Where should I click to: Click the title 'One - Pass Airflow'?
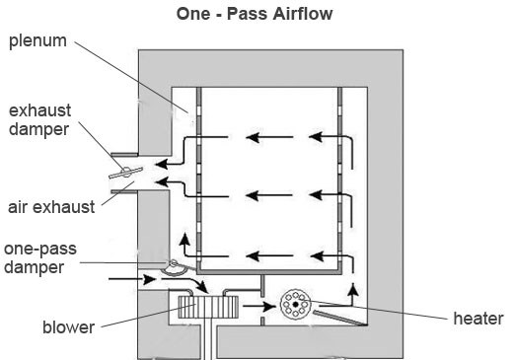[255, 14]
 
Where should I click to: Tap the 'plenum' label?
[37, 41]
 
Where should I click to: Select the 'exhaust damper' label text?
[39, 119]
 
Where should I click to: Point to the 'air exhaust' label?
[51, 207]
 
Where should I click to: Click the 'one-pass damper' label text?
[40, 258]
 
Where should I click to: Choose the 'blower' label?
[69, 327]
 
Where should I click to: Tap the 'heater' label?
[478, 319]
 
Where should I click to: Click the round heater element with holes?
[295, 304]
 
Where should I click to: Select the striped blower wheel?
[208, 307]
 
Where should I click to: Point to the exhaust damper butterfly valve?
[126, 172]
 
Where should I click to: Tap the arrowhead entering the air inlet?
[150, 280]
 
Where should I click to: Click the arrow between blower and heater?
[259, 307]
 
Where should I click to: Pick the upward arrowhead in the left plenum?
[184, 239]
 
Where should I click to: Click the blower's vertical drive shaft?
[208, 338]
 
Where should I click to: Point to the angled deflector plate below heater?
[339, 318]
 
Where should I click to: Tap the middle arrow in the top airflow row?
[269, 137]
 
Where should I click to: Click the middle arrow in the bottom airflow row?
[269, 255]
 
